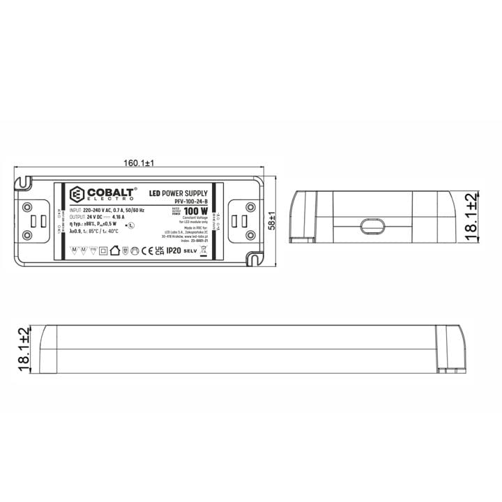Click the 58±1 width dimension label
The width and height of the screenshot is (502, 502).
[x=272, y=222]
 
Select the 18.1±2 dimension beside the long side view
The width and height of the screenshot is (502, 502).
[x=23, y=348]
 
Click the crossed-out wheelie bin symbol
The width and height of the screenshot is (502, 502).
[x=203, y=250]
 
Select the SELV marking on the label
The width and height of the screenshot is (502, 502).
[x=190, y=250]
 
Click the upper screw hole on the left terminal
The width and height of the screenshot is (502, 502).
[x=27, y=207]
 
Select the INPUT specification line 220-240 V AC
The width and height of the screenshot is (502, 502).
[x=107, y=210]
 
